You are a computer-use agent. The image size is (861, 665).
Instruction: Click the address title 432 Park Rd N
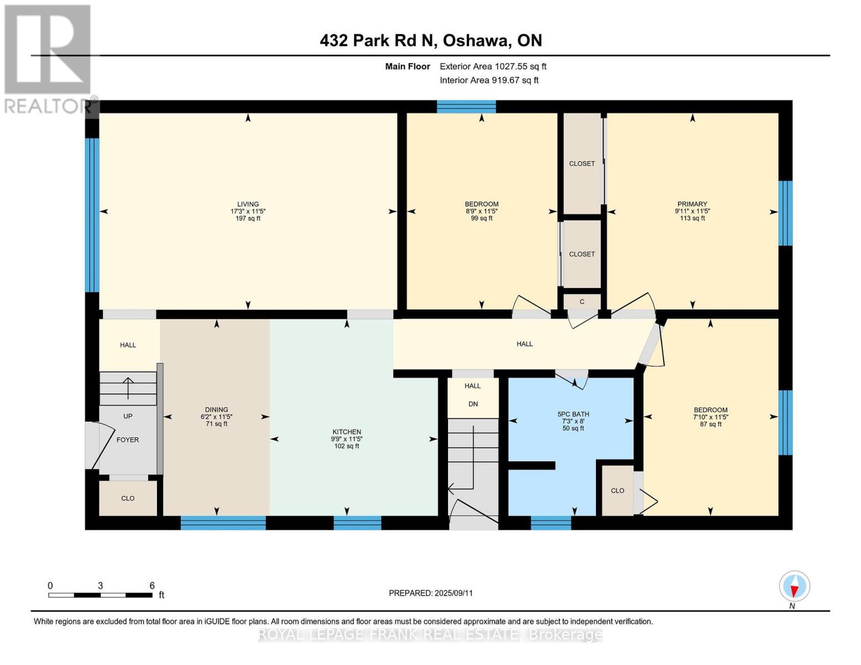[431, 40]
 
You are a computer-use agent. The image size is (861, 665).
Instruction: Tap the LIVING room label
[248, 204]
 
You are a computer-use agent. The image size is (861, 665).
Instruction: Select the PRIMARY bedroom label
[692, 204]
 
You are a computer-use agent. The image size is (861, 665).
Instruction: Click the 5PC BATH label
[573, 415]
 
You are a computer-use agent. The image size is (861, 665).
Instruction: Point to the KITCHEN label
[347, 432]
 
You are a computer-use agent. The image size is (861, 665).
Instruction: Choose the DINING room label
[216, 410]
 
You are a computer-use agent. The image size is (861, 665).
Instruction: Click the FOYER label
[128, 440]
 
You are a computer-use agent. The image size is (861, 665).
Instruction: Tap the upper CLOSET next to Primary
[582, 164]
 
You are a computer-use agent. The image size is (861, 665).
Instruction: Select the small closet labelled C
[582, 302]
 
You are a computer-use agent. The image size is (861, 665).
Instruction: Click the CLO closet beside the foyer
[128, 499]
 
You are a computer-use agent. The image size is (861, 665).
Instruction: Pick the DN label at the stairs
[473, 405]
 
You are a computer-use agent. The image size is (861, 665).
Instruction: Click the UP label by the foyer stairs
[128, 417]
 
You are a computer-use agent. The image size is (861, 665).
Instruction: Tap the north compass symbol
[794, 586]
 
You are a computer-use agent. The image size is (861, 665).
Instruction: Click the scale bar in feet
[100, 595]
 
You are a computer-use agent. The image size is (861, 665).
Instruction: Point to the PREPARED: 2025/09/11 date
[431, 594]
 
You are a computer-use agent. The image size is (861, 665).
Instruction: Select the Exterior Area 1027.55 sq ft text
[493, 66]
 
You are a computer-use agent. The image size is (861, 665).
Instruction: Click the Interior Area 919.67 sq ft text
[489, 80]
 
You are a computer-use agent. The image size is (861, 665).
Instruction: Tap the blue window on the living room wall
[92, 215]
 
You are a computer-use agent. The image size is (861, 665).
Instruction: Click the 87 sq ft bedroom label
[710, 424]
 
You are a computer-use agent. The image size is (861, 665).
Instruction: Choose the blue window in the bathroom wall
[551, 523]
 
